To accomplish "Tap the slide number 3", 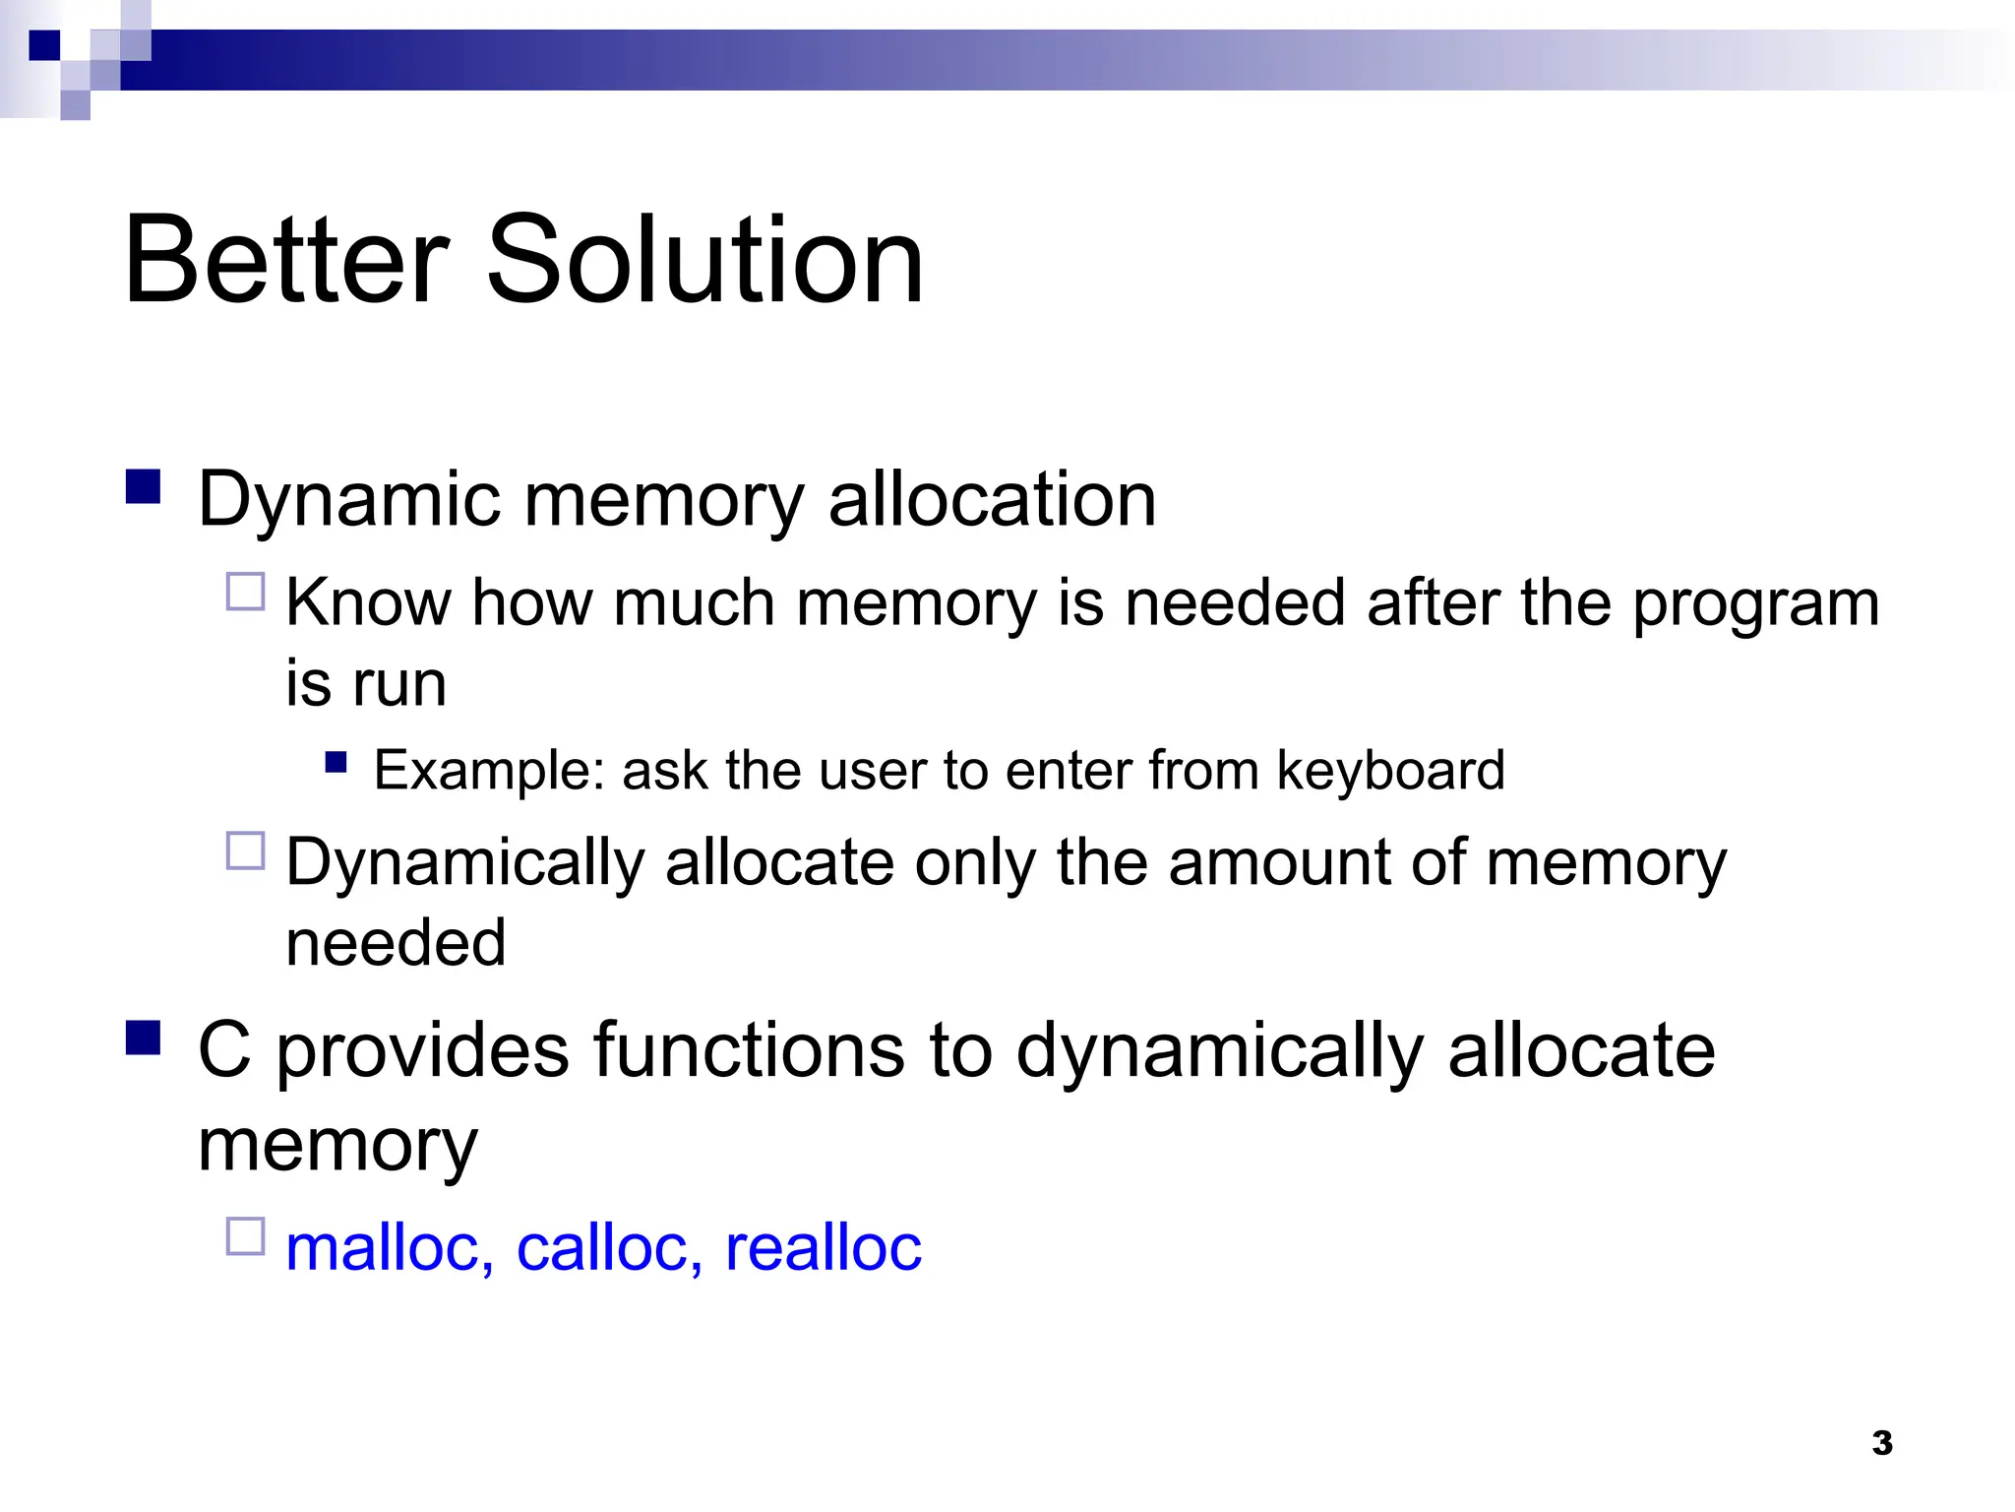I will point(1881,1443).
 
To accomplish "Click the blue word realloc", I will point(823,1247).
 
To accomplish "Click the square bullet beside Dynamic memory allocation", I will point(144,486).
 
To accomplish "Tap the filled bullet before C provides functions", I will point(144,1038).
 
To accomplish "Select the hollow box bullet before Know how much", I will point(246,592).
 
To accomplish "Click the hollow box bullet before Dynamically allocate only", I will point(246,850).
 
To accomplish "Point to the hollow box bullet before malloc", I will point(246,1236).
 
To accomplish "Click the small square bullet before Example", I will point(336,762).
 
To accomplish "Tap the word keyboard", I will point(1390,770).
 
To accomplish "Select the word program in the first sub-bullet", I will point(1755,604).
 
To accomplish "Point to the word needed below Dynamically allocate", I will point(396,942).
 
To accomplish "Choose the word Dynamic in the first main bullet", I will point(349,500).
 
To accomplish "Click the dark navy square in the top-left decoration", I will point(44,45).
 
